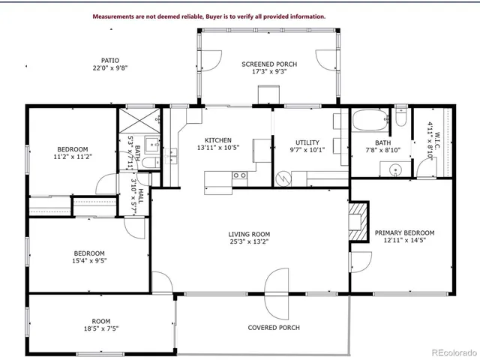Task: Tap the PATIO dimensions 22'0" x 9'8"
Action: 110,68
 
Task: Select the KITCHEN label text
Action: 217,140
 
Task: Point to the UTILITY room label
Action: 307,142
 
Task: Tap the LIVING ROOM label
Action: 248,235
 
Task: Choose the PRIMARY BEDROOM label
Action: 404,232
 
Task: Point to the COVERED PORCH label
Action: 274,328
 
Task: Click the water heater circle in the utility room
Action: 283,180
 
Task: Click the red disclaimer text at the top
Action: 208,16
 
